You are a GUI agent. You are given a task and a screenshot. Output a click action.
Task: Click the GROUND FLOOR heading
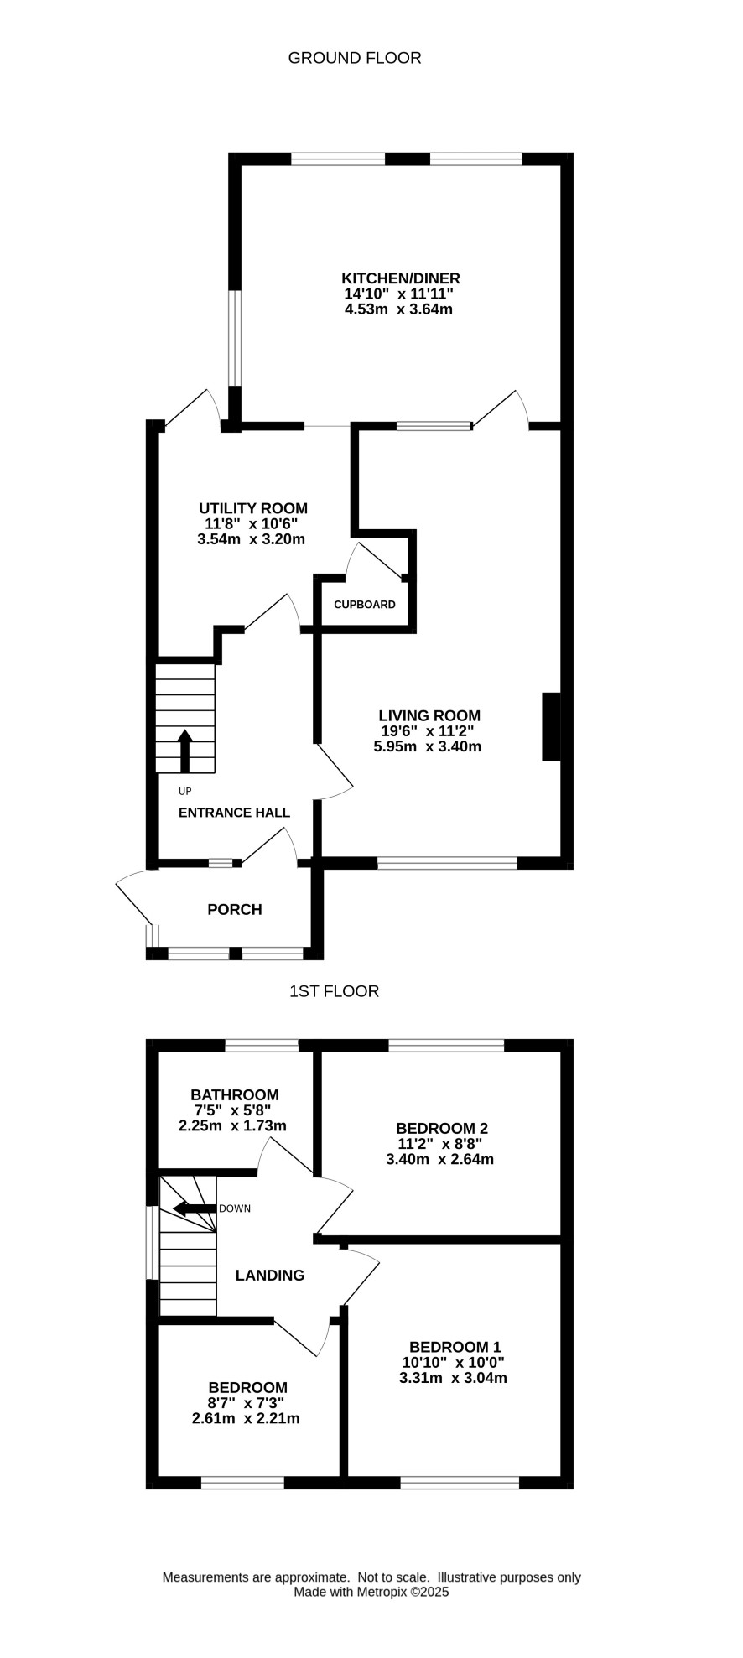(355, 58)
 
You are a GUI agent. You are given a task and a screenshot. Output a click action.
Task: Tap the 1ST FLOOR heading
(334, 991)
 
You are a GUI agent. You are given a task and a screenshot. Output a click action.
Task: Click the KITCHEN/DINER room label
(401, 278)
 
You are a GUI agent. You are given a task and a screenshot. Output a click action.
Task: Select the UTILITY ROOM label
(253, 508)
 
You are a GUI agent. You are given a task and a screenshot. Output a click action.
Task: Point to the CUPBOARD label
(365, 605)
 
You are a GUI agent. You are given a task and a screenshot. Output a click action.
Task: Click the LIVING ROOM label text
(429, 716)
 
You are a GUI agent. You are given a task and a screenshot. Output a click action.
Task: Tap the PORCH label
(235, 910)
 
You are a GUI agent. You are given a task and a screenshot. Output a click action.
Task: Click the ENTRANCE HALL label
(235, 813)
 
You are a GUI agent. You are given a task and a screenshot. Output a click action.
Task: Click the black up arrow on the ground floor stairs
(185, 751)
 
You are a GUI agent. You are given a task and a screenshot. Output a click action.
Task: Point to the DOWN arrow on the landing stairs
(195, 1208)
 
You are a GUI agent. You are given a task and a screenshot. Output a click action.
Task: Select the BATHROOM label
(235, 1095)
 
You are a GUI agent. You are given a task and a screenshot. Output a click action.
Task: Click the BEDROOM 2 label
(442, 1129)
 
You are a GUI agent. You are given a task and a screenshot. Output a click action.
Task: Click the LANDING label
(270, 1276)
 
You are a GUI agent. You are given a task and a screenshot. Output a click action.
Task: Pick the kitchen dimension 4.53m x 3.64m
(399, 309)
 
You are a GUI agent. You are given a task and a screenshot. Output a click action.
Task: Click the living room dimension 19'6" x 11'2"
(428, 731)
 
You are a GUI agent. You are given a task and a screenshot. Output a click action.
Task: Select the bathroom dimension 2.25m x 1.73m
(233, 1126)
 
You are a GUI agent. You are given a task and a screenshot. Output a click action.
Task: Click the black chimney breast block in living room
(551, 727)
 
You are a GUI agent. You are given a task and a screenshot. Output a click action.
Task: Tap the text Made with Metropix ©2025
(371, 1592)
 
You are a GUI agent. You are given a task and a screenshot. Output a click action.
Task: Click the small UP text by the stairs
(185, 792)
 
